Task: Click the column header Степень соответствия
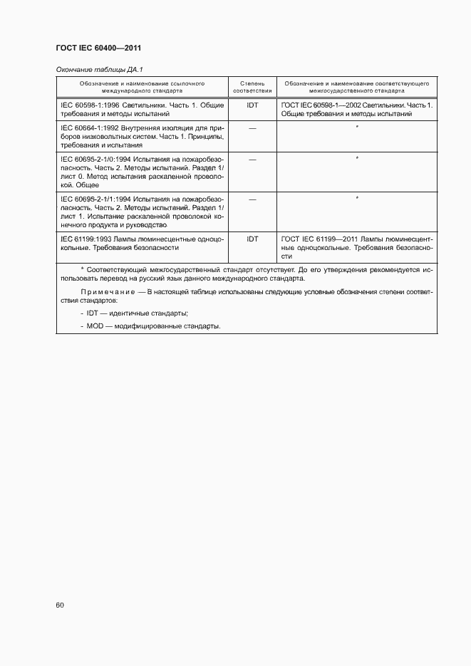tap(252, 87)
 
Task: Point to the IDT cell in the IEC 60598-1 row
tap(252, 105)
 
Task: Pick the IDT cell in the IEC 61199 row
tap(252, 239)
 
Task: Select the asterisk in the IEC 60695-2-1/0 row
tap(356, 157)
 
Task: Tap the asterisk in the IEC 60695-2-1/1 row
tap(356, 197)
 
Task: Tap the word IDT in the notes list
tap(93, 313)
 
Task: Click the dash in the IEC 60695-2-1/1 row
tap(252, 199)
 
